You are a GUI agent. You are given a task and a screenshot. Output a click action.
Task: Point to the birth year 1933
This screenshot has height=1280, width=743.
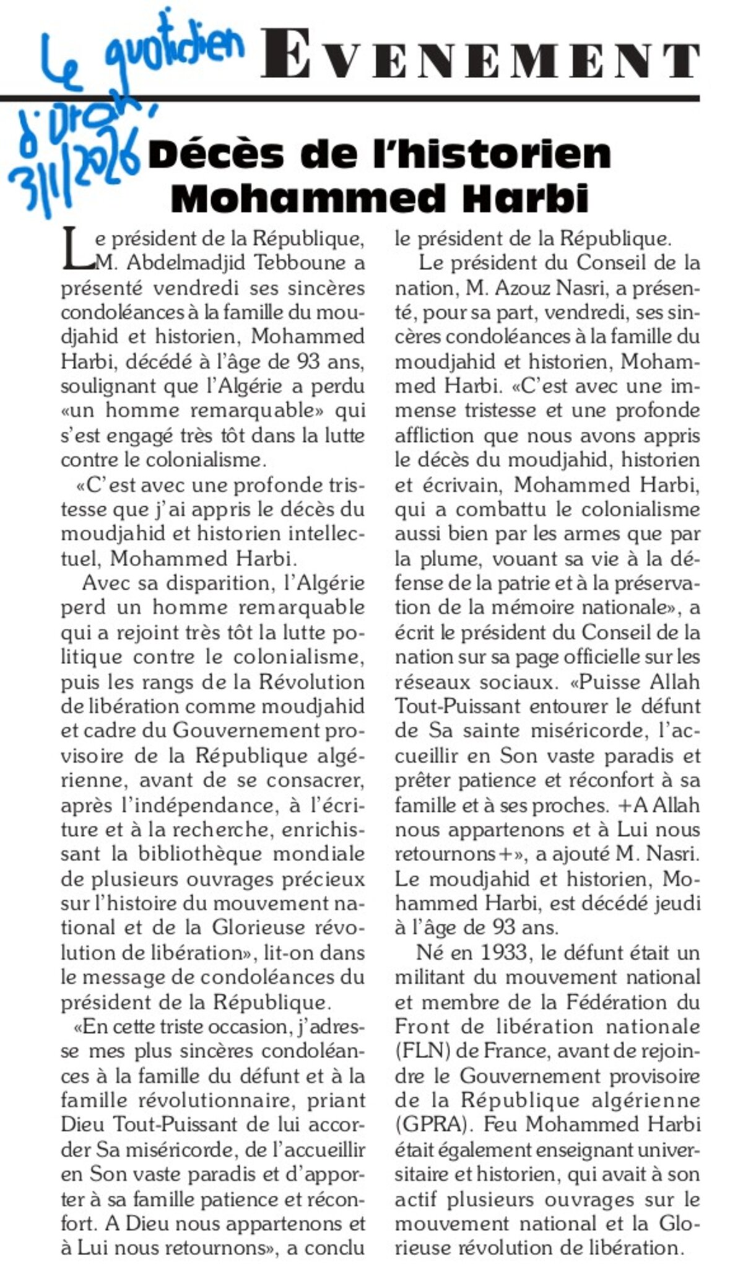point(501,953)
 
